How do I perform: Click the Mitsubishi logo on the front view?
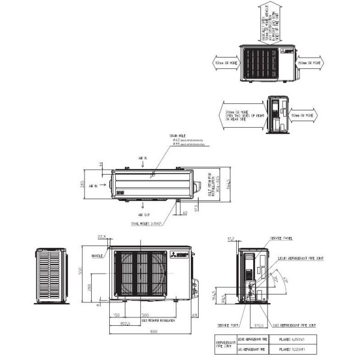[182, 254]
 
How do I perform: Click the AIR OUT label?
[144, 214]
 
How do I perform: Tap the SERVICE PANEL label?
[282, 238]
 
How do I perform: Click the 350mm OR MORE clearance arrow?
[309, 62]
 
